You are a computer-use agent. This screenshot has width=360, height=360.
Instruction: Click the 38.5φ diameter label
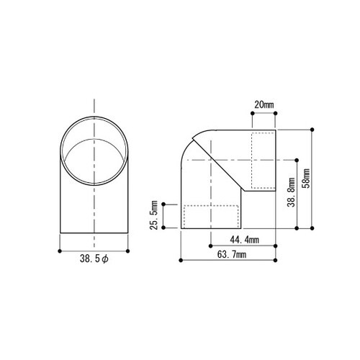pos(94,259)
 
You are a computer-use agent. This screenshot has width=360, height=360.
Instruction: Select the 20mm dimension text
pos(264,105)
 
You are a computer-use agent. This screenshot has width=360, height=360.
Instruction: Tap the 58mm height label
pos(307,179)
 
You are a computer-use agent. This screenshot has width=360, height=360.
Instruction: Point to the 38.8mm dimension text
pos(292,192)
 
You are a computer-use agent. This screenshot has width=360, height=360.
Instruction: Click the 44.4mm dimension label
pos(244,240)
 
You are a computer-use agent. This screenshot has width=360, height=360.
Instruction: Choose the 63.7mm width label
pos(232,254)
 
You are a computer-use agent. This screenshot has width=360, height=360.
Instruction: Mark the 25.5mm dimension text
pos(154,215)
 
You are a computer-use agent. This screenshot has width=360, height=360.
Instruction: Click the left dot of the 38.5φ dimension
pos(60,251)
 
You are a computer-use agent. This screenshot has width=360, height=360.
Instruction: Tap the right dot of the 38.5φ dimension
pos(127,251)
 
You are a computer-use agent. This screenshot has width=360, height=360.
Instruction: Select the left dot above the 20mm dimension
pos(252,113)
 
